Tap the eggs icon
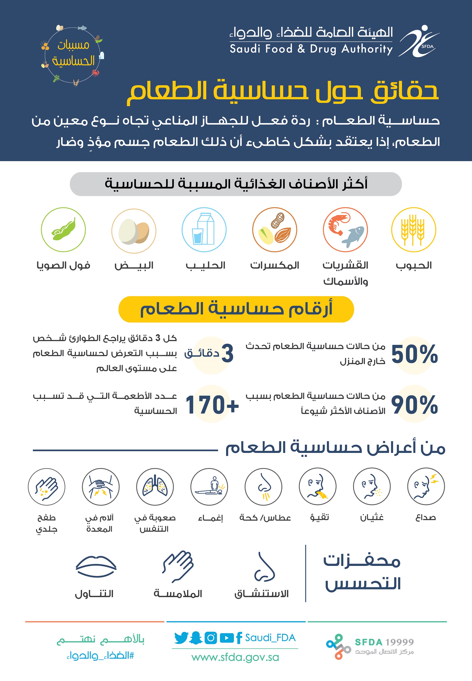point(134,231)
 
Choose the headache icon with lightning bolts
point(426,486)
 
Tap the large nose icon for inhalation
point(264,567)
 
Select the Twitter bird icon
point(181,638)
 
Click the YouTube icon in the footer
point(227,638)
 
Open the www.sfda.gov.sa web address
point(235,657)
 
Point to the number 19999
point(399,642)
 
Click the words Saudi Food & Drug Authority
point(311,49)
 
